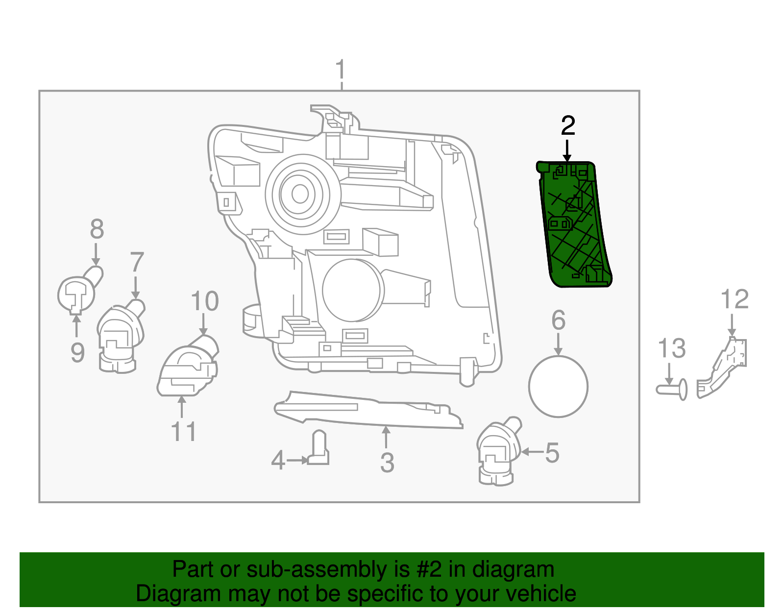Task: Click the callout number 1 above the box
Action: point(341,72)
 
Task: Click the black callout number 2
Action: point(567,126)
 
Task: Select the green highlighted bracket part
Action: point(574,225)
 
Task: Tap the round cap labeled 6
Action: point(558,387)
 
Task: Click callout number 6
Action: point(558,320)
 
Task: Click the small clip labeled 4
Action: point(318,448)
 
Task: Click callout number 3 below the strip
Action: point(387,462)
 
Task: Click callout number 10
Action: point(204,301)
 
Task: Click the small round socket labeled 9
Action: point(76,294)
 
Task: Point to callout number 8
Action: point(97,229)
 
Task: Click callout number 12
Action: point(735,299)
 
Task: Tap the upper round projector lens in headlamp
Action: point(299,195)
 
